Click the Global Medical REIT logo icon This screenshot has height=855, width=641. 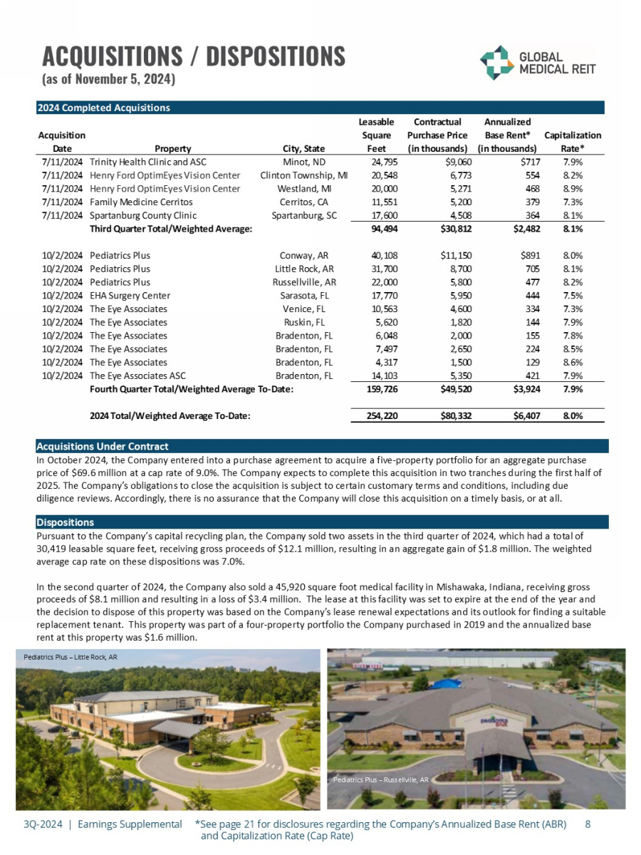point(494,63)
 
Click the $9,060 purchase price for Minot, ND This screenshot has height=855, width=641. point(455,162)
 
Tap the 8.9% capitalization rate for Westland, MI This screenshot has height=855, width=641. point(573,189)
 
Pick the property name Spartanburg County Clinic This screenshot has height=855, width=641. point(143,215)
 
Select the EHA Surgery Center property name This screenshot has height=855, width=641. point(130,295)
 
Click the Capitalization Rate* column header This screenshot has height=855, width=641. point(572,142)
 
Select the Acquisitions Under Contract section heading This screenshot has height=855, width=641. point(103,446)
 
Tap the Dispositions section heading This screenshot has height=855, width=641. point(65,522)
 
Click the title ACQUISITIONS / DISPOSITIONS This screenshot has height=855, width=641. point(193,56)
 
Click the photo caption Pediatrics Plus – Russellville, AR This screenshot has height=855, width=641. point(380,780)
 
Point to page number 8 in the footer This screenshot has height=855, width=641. point(587,824)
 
